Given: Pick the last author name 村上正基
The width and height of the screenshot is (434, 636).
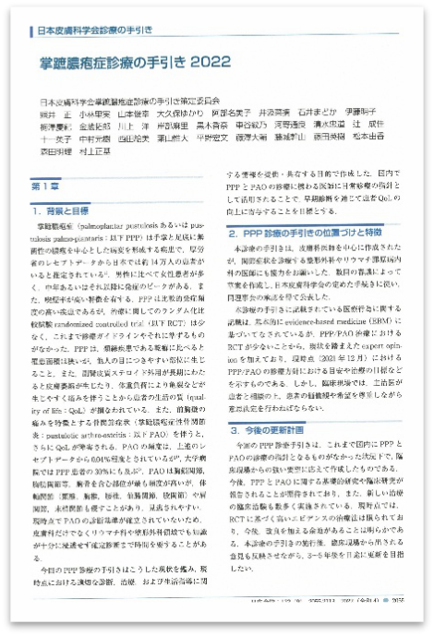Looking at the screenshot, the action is [x=92, y=154].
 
